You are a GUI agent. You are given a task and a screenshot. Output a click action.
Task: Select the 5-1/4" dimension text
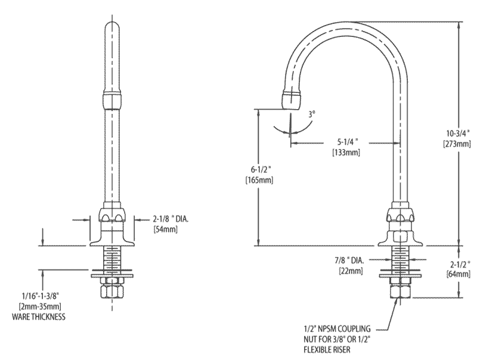349,142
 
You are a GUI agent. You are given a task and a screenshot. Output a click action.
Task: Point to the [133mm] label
349,153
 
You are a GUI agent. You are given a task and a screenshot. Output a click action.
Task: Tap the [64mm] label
459,274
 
